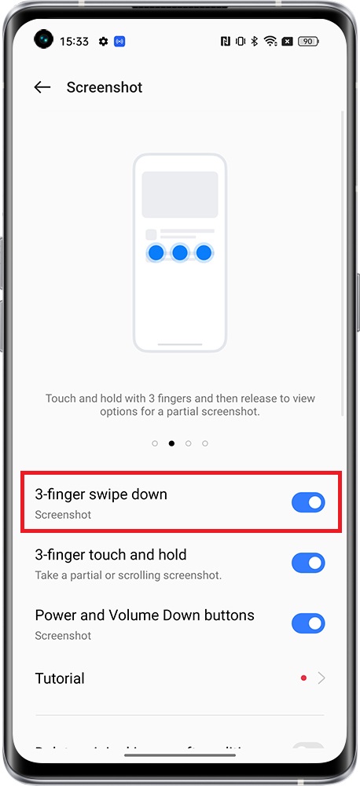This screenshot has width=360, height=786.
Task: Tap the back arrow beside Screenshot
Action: coord(42,87)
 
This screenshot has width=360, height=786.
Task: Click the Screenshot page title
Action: coord(105,87)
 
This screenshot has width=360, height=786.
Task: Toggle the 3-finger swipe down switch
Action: coord(308,503)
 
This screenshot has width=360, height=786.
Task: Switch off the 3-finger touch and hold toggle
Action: coord(308,563)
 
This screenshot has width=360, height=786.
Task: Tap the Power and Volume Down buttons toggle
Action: coord(308,623)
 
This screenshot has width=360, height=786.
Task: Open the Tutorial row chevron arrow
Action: coord(321,678)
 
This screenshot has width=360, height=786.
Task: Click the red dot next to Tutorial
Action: coord(303,678)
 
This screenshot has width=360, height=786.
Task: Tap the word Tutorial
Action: coord(60,678)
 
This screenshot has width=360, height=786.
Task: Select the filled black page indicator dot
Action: coord(171,443)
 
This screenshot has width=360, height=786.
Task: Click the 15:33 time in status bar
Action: coord(74,42)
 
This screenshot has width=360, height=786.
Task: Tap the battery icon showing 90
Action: coord(309,42)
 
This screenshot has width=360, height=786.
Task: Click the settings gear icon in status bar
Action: coord(104,42)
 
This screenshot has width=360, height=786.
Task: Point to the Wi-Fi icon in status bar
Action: coord(270,42)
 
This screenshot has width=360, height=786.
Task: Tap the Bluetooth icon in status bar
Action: coord(254,42)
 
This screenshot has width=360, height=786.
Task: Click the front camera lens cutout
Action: coord(43,39)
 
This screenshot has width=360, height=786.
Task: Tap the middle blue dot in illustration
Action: coord(180,253)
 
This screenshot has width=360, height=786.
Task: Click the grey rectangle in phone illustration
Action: coord(180,195)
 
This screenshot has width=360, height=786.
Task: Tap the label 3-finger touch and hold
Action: coord(111,555)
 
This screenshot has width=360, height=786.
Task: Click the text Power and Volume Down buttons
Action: coord(145,615)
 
